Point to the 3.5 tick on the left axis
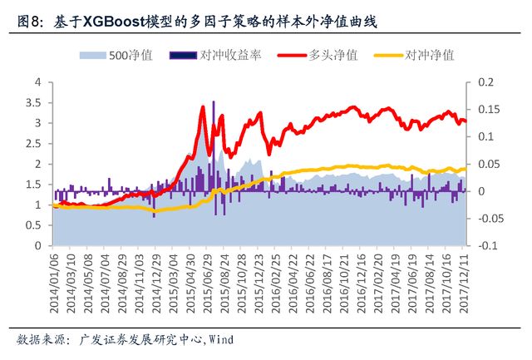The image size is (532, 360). coord(34,102)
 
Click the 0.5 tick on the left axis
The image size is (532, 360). coord(34,225)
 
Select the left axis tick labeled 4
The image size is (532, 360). coord(37,82)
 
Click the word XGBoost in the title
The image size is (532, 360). coord(113,22)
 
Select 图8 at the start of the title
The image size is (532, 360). coord(31,22)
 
